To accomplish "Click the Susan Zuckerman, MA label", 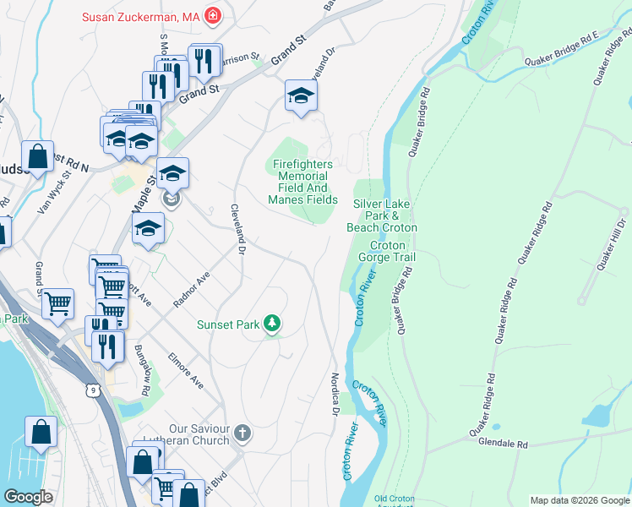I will click(x=141, y=16).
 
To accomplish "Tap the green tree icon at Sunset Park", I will click(x=271, y=324).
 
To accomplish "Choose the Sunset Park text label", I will click(x=227, y=324).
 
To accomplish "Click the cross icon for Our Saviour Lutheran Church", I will click(x=242, y=434).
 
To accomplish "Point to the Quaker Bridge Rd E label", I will click(x=561, y=50).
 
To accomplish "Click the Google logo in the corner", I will click(x=29, y=497).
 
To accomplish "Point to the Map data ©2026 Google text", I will click(x=580, y=500).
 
